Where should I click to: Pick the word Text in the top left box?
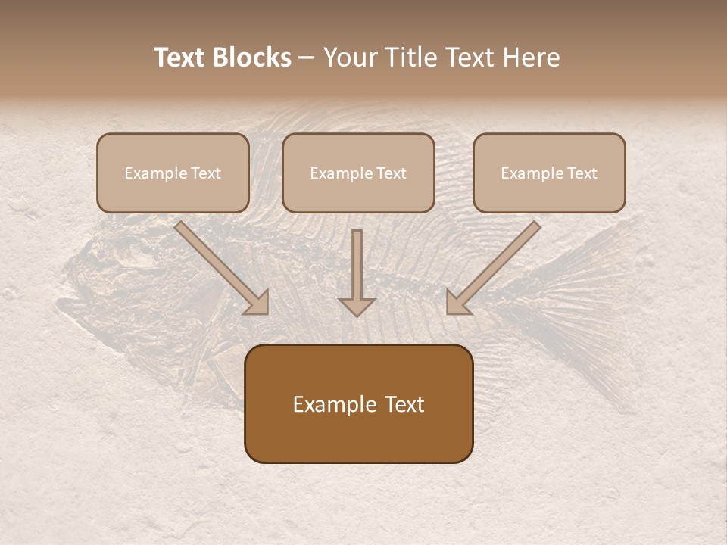tap(205, 173)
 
